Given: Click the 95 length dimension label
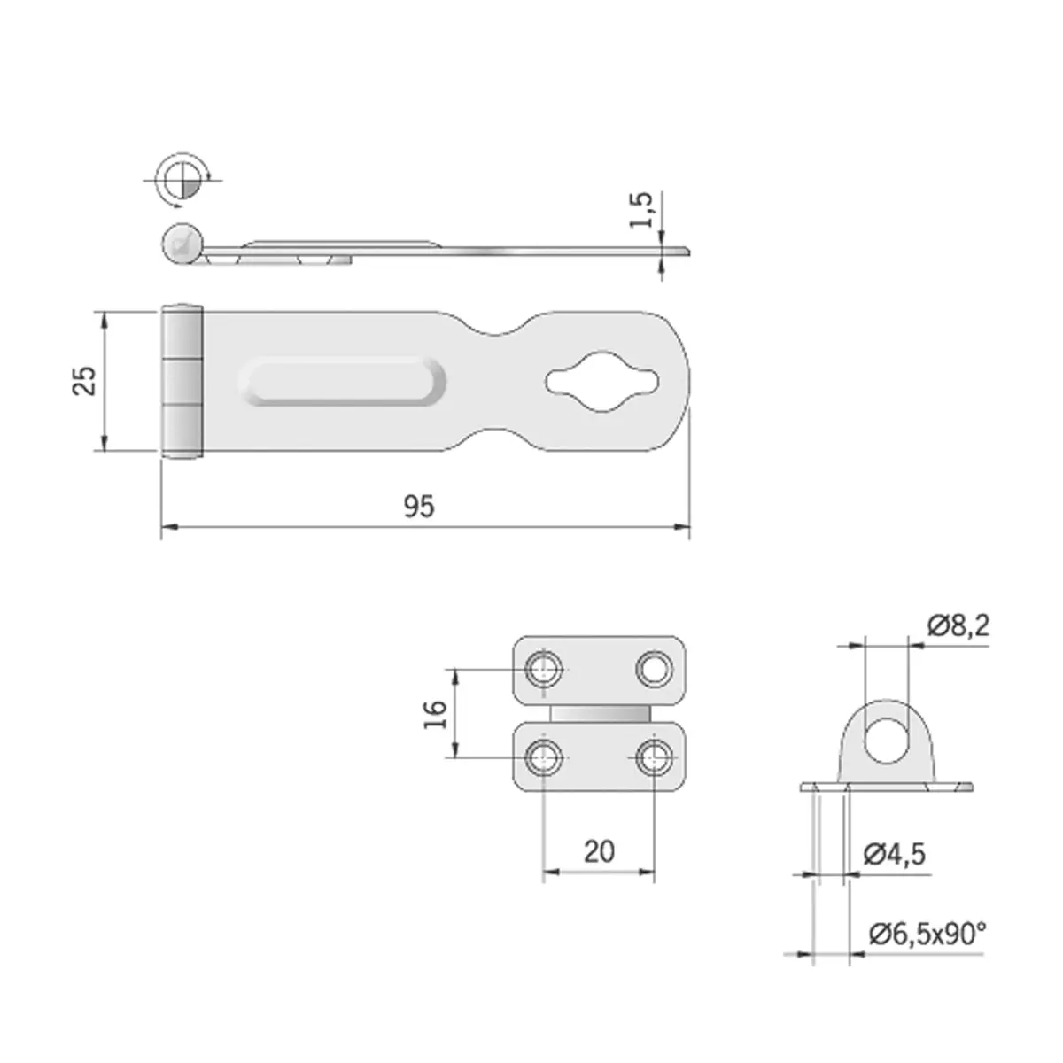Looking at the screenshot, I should (420, 507).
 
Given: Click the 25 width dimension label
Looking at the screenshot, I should (85, 381).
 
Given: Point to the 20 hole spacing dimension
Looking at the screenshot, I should (600, 851).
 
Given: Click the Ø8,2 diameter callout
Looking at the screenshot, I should (958, 626).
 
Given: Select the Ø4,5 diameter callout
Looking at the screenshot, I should (895, 854).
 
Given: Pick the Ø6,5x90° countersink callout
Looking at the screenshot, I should (927, 934).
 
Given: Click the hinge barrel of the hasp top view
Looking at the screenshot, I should (182, 382).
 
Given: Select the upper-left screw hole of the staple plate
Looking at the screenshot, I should (544, 669).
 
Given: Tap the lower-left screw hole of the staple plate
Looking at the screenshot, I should (544, 757).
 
